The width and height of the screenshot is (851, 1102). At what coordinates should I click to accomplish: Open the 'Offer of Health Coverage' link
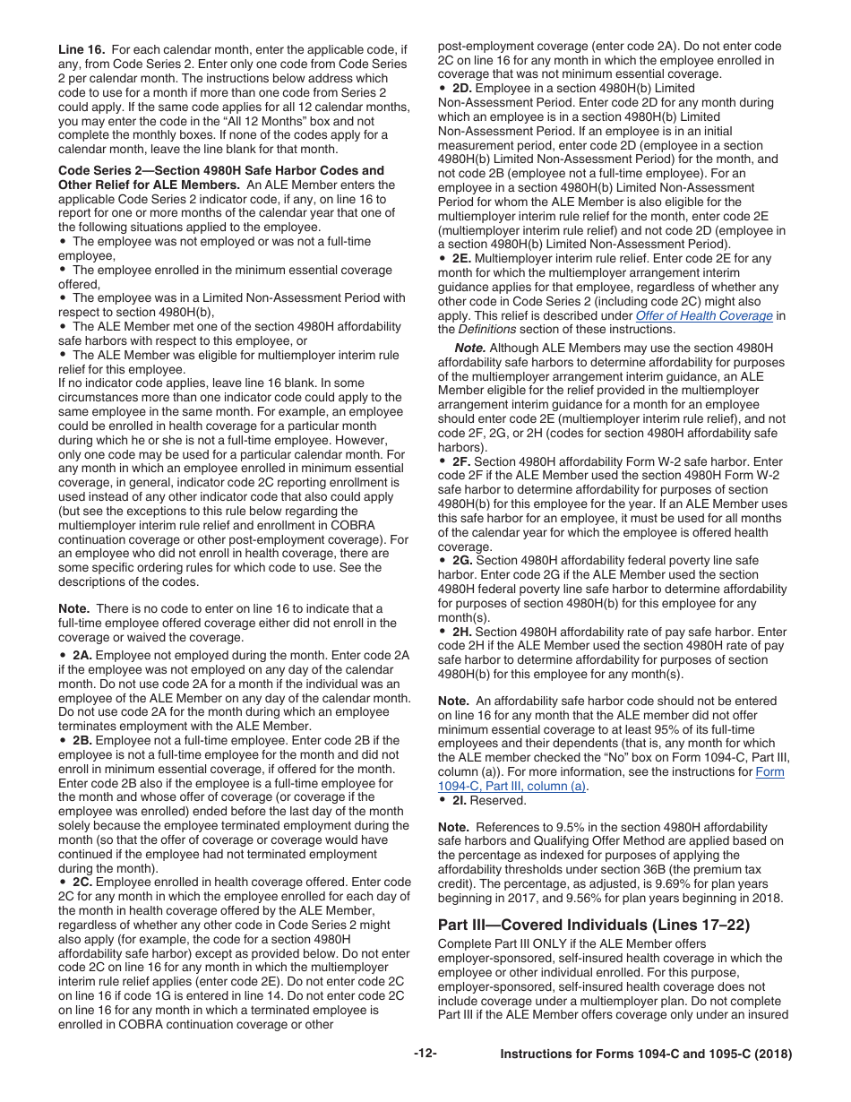(x=703, y=315)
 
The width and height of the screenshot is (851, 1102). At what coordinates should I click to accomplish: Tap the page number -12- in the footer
(x=425, y=1054)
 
